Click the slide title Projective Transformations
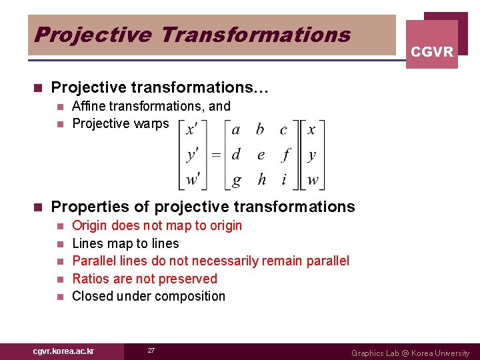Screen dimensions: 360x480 coord(192,34)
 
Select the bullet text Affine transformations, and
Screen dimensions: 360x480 coord(151,106)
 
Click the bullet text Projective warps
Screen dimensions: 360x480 coord(120,123)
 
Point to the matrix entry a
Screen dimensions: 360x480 coord(235,130)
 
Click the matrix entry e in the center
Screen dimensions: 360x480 coord(261,155)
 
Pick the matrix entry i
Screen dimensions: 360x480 coord(285,179)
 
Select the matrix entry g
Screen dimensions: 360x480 coord(235,180)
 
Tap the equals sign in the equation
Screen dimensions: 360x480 coord(215,155)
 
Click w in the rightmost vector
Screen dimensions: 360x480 coord(312,180)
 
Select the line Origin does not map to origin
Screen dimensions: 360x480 coord(157,225)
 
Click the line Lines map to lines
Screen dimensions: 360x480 coord(125,243)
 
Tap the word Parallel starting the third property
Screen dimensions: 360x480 coord(94,261)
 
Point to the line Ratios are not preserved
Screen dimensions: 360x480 coord(144,279)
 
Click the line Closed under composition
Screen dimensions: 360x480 coord(148,296)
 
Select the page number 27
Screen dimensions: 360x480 coord(151,351)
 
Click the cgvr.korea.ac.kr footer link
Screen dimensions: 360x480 coord(63,351)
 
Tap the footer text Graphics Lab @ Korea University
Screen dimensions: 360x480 coord(410,353)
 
